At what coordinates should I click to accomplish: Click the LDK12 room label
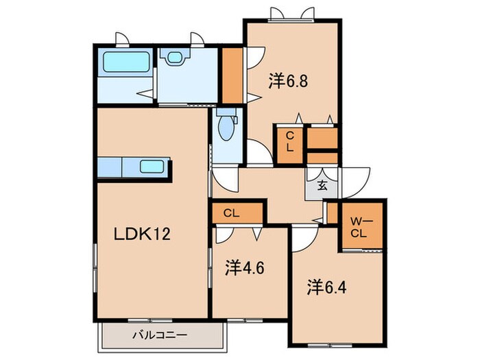point(141,233)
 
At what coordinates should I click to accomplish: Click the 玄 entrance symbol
point(322,184)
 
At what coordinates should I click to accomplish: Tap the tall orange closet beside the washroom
point(232,73)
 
